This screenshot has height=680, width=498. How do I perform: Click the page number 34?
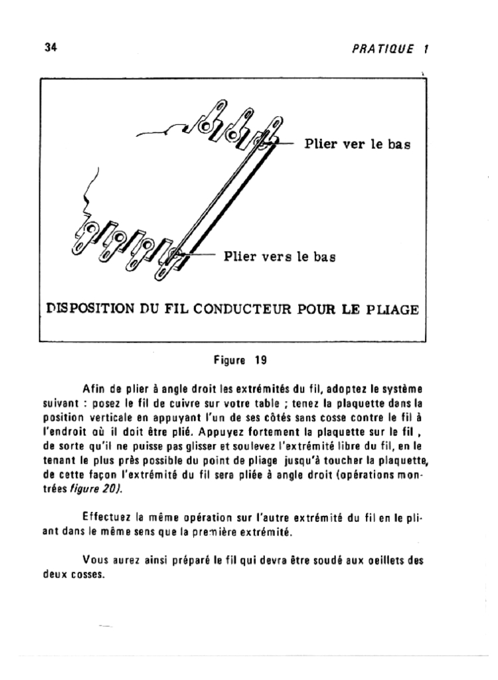click(x=49, y=48)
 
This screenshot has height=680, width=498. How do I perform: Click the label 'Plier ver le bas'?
click(x=357, y=143)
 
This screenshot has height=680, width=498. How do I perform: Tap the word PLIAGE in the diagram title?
click(x=392, y=309)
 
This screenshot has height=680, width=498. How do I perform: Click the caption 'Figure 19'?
click(x=240, y=361)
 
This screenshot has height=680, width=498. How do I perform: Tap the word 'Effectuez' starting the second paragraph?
click(x=104, y=515)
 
